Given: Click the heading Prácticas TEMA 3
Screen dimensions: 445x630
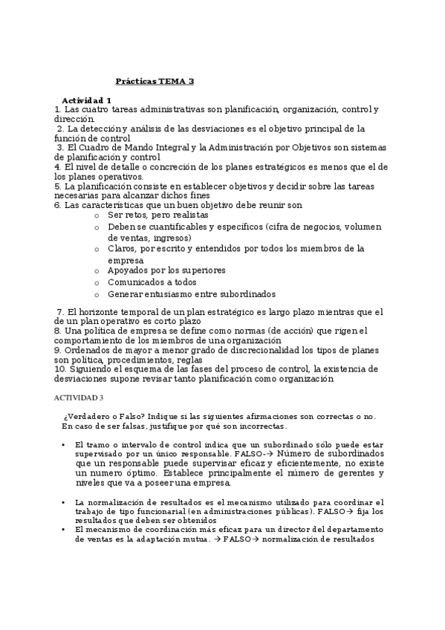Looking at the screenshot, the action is click(155, 82).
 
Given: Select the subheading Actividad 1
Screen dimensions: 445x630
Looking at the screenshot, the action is click(86, 100).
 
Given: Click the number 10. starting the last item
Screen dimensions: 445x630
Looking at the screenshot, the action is click(62, 368).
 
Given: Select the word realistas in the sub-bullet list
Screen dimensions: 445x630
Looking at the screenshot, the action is click(184, 214).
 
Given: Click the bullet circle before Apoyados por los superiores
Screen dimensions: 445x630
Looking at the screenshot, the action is click(97, 272).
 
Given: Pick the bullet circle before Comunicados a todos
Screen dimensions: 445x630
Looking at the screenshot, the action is click(97, 283).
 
